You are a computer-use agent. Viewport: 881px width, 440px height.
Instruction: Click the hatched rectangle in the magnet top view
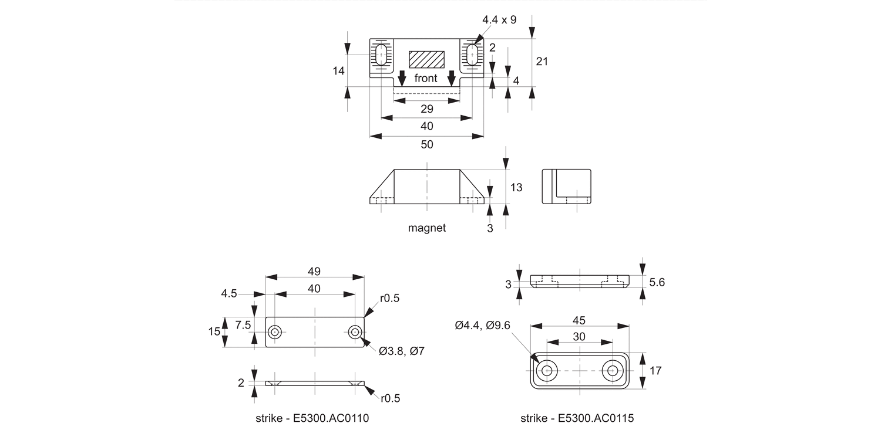pos(427,59)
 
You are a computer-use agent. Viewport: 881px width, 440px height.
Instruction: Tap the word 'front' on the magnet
pos(426,78)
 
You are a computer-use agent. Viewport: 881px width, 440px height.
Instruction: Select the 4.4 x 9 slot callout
pos(499,20)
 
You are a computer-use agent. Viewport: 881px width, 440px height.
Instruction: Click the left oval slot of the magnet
pos(381,55)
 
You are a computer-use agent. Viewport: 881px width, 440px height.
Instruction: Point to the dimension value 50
pos(427,144)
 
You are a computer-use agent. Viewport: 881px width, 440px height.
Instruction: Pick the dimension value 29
pos(427,109)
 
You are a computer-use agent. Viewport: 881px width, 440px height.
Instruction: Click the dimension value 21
pos(542,61)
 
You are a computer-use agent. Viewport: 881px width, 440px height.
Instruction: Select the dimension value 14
pos(338,71)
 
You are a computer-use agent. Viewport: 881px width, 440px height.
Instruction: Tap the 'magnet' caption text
pos(427,228)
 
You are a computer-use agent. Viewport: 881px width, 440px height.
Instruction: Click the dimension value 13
pos(516,188)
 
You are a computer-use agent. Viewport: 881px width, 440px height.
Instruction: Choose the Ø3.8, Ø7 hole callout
pos(402,351)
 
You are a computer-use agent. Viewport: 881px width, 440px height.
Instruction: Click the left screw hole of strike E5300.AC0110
pos(274,333)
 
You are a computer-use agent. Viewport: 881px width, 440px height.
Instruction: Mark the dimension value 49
pos(314,271)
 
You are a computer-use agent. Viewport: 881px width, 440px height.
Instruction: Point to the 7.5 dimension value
pos(243,324)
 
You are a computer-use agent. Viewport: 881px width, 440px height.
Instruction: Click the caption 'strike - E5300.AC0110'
pos(312,418)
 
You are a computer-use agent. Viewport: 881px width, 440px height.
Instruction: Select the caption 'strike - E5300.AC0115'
pos(577,418)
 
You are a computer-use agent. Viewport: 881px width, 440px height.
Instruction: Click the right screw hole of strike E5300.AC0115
pos(613,371)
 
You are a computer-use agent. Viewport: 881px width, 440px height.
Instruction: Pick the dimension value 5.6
pos(657,282)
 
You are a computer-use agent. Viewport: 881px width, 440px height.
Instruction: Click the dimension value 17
pos(656,371)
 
